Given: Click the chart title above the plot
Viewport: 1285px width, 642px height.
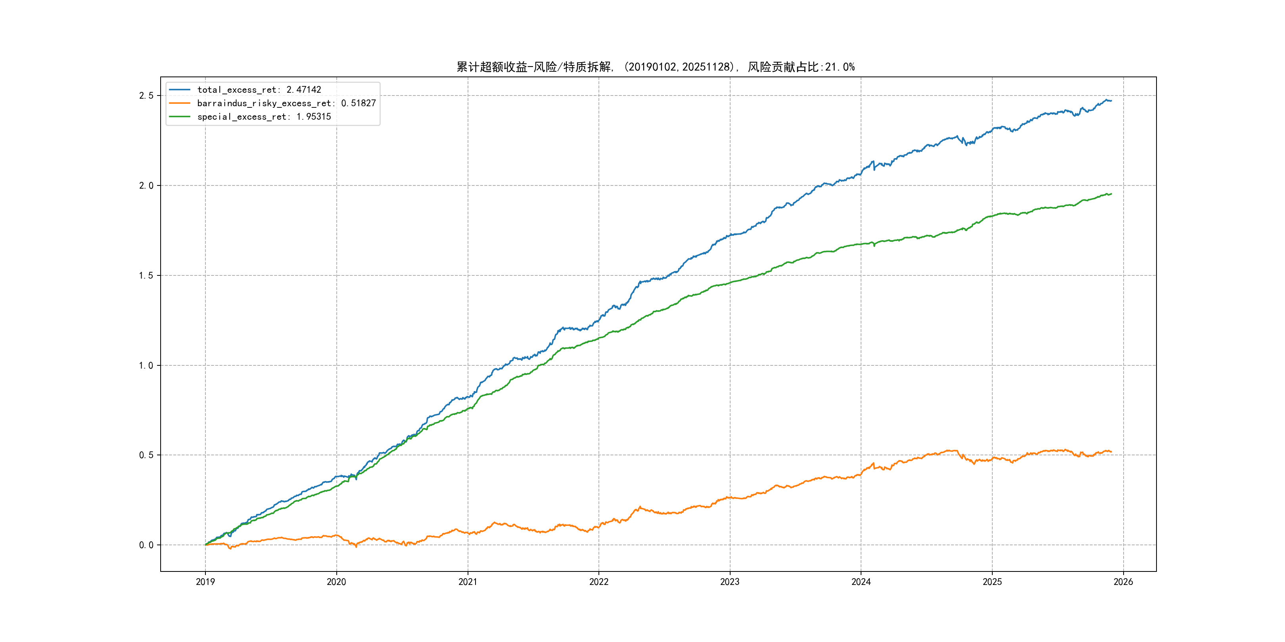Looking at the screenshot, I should click(x=656, y=67).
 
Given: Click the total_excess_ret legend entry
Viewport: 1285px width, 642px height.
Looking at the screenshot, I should click(x=259, y=90).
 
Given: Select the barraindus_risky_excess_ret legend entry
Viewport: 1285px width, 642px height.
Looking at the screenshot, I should click(x=286, y=103).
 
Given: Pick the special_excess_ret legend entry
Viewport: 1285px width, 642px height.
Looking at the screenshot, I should click(x=264, y=117).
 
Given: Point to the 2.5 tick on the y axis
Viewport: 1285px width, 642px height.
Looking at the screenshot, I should click(x=146, y=96).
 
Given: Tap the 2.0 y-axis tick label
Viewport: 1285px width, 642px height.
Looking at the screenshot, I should click(x=146, y=185).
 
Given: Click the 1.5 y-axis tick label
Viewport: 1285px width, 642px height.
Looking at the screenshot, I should click(x=146, y=276).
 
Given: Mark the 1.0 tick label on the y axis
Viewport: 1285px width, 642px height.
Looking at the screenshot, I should click(x=146, y=365).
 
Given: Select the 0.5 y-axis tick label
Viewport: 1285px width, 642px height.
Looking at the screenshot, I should click(x=146, y=455).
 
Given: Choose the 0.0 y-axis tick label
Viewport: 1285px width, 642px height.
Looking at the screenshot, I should click(x=146, y=545).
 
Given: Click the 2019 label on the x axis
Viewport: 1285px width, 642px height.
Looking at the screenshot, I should click(x=205, y=582).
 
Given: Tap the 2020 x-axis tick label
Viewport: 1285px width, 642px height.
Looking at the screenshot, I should click(x=336, y=582).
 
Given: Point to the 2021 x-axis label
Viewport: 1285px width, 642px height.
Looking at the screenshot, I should click(x=468, y=582).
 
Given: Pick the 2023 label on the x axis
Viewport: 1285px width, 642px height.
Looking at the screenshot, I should click(x=730, y=582).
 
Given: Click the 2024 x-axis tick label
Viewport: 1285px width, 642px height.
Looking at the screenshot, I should click(x=861, y=582).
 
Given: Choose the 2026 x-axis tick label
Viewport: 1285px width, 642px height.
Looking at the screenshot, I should click(x=1123, y=582).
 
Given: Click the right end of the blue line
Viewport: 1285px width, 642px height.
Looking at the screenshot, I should click(x=1111, y=101).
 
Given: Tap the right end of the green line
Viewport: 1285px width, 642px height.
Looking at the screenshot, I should click(x=1111, y=194).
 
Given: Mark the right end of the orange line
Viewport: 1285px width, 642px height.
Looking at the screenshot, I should click(x=1111, y=452).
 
